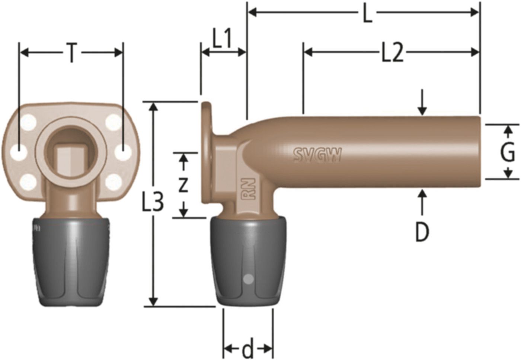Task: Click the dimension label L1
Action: tap(222, 40)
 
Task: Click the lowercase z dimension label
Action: tap(183, 185)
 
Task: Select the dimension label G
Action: tap(507, 153)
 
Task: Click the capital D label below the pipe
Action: tap(422, 232)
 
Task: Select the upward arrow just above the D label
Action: tap(422, 201)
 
